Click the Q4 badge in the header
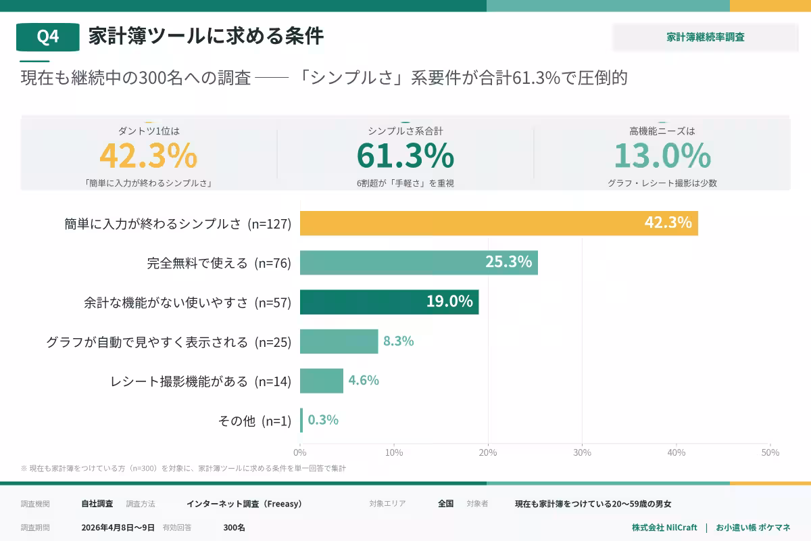pos(47,37)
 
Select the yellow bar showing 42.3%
pos(499,223)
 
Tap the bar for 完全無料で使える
pos(419,262)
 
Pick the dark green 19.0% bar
pos(389,302)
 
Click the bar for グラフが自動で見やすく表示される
pos(339,342)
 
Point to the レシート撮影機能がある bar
pos(322,381)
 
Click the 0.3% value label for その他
pos(323,420)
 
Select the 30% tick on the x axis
pos(582,452)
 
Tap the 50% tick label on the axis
pos(770,452)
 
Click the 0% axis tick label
pos(300,452)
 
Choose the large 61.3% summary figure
pos(405,156)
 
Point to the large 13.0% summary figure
pos(662,156)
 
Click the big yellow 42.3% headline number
pos(149,156)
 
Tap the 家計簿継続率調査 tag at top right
pos(706,37)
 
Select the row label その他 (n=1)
pos(254,421)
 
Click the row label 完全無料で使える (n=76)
pos(219,263)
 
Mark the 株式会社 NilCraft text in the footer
pos(664,527)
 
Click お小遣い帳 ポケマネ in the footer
pos(753,527)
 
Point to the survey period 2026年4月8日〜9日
pos(118,527)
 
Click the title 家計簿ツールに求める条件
pos(206,37)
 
